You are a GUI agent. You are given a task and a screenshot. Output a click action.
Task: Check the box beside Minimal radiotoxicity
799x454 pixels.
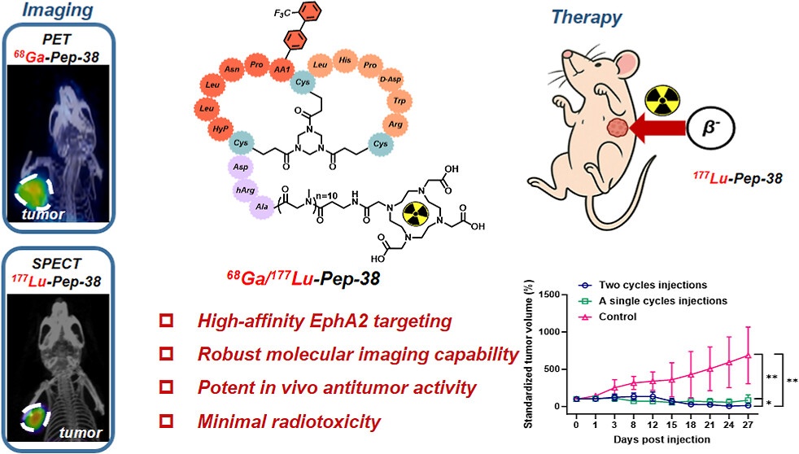coord(168,422)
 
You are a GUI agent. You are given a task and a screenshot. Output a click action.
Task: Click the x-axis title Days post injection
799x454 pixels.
coord(663,439)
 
